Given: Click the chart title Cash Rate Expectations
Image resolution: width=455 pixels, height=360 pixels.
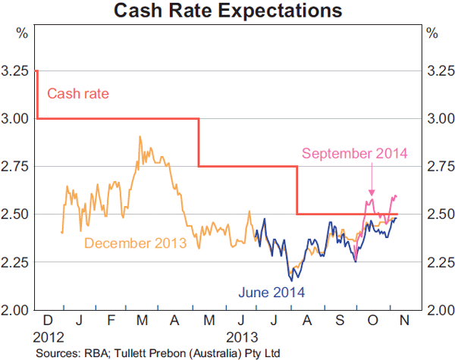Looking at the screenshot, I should tap(227, 11).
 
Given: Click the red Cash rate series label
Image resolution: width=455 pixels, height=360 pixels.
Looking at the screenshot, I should tap(78, 94).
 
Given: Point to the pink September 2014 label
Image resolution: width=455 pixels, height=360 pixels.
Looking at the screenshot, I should tap(355, 153).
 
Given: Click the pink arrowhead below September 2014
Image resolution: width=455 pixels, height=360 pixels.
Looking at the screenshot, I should tap(372, 194).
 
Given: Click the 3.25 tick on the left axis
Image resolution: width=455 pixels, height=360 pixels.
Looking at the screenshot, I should tap(16, 71).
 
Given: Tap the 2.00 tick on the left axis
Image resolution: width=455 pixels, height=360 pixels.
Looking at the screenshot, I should tap(16, 310).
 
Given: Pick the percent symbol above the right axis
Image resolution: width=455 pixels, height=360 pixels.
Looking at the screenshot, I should tap(432, 33).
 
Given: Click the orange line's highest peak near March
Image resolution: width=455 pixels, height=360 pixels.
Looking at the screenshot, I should tap(140, 137).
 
